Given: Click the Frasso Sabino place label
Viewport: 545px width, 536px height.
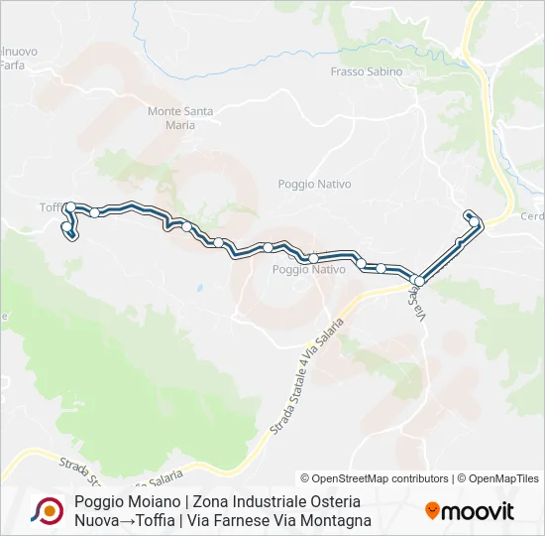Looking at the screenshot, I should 367,71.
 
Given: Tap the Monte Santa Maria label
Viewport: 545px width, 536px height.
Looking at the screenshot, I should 179,118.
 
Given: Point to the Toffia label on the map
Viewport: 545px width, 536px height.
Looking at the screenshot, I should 51,206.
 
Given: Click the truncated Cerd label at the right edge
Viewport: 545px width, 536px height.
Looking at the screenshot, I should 532,217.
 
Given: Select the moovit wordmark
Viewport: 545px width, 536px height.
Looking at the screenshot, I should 477,512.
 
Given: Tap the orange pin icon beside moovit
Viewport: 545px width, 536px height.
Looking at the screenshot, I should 432,510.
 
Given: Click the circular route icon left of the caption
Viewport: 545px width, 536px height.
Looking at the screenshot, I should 46,511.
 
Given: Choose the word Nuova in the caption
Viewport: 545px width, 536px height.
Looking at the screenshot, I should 95,520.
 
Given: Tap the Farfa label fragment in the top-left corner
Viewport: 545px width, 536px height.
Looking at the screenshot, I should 13,65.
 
